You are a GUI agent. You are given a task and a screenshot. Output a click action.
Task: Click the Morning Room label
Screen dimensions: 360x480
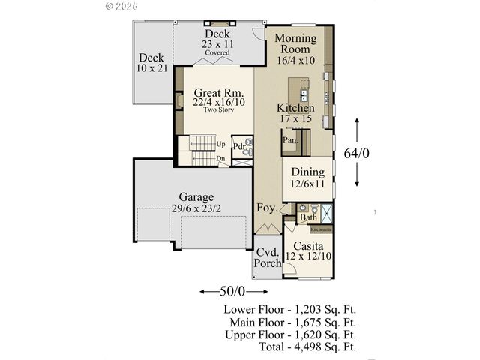[295, 44]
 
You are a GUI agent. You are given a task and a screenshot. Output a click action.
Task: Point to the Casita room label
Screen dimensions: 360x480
[307, 245]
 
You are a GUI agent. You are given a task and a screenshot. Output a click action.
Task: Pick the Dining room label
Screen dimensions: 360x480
[307, 171]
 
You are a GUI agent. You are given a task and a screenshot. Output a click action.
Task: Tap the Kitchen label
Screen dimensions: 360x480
[295, 108]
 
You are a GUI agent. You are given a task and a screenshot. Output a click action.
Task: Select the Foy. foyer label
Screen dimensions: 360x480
[267, 207]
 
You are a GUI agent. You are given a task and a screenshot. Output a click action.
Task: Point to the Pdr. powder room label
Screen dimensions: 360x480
[240, 146]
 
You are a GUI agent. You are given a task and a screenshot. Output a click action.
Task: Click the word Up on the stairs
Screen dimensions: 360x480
[220, 144]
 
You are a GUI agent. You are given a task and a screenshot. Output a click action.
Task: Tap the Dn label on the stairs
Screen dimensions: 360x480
[220, 159]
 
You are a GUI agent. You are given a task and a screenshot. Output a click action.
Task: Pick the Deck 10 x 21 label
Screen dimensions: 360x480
[151, 63]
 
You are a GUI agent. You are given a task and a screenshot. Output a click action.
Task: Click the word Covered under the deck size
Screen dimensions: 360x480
[218, 53]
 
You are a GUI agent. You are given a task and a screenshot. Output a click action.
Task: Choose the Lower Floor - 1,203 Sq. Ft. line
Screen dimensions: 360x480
[289, 309]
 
